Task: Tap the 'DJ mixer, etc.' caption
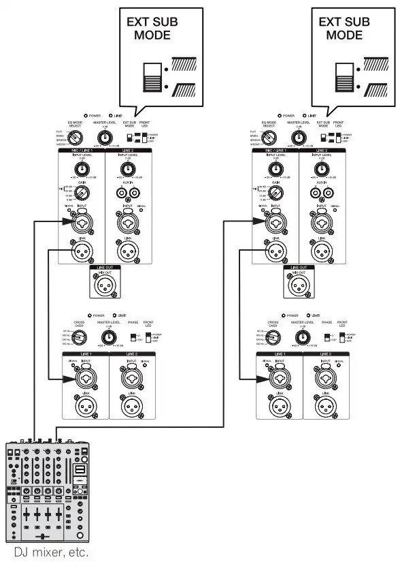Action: coord(48,551)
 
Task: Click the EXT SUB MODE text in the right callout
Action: coord(344,29)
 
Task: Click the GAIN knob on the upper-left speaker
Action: coord(82,193)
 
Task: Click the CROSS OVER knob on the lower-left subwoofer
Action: coord(82,337)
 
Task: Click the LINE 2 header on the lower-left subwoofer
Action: coord(133,355)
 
